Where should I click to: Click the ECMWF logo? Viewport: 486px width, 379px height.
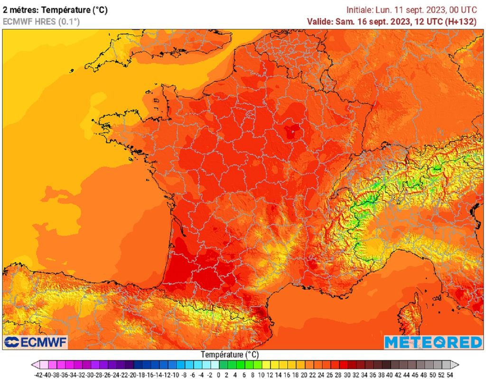pos(36,342)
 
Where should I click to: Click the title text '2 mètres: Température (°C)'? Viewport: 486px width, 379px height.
pos(55,9)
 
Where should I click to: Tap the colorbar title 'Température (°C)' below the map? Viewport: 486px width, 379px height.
pos(229,355)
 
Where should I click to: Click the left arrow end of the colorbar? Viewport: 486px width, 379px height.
pos(35,365)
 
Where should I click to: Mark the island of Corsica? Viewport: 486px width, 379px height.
pos(409,313)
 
